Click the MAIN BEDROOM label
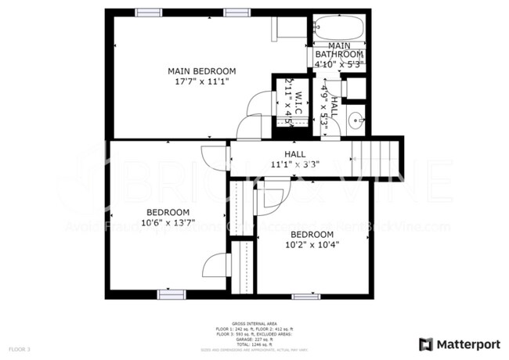click(201, 71)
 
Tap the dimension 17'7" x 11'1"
click(201, 81)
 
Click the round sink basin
click(356, 121)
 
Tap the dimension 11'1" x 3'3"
click(294, 165)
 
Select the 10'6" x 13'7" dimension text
click(168, 222)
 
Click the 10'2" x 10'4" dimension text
click(316, 243)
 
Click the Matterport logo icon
click(426, 344)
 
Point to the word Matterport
click(468, 344)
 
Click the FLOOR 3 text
click(19, 347)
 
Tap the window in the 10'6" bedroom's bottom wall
click(170, 294)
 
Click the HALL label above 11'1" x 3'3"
click(294, 155)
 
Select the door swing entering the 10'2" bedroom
click(270, 196)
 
